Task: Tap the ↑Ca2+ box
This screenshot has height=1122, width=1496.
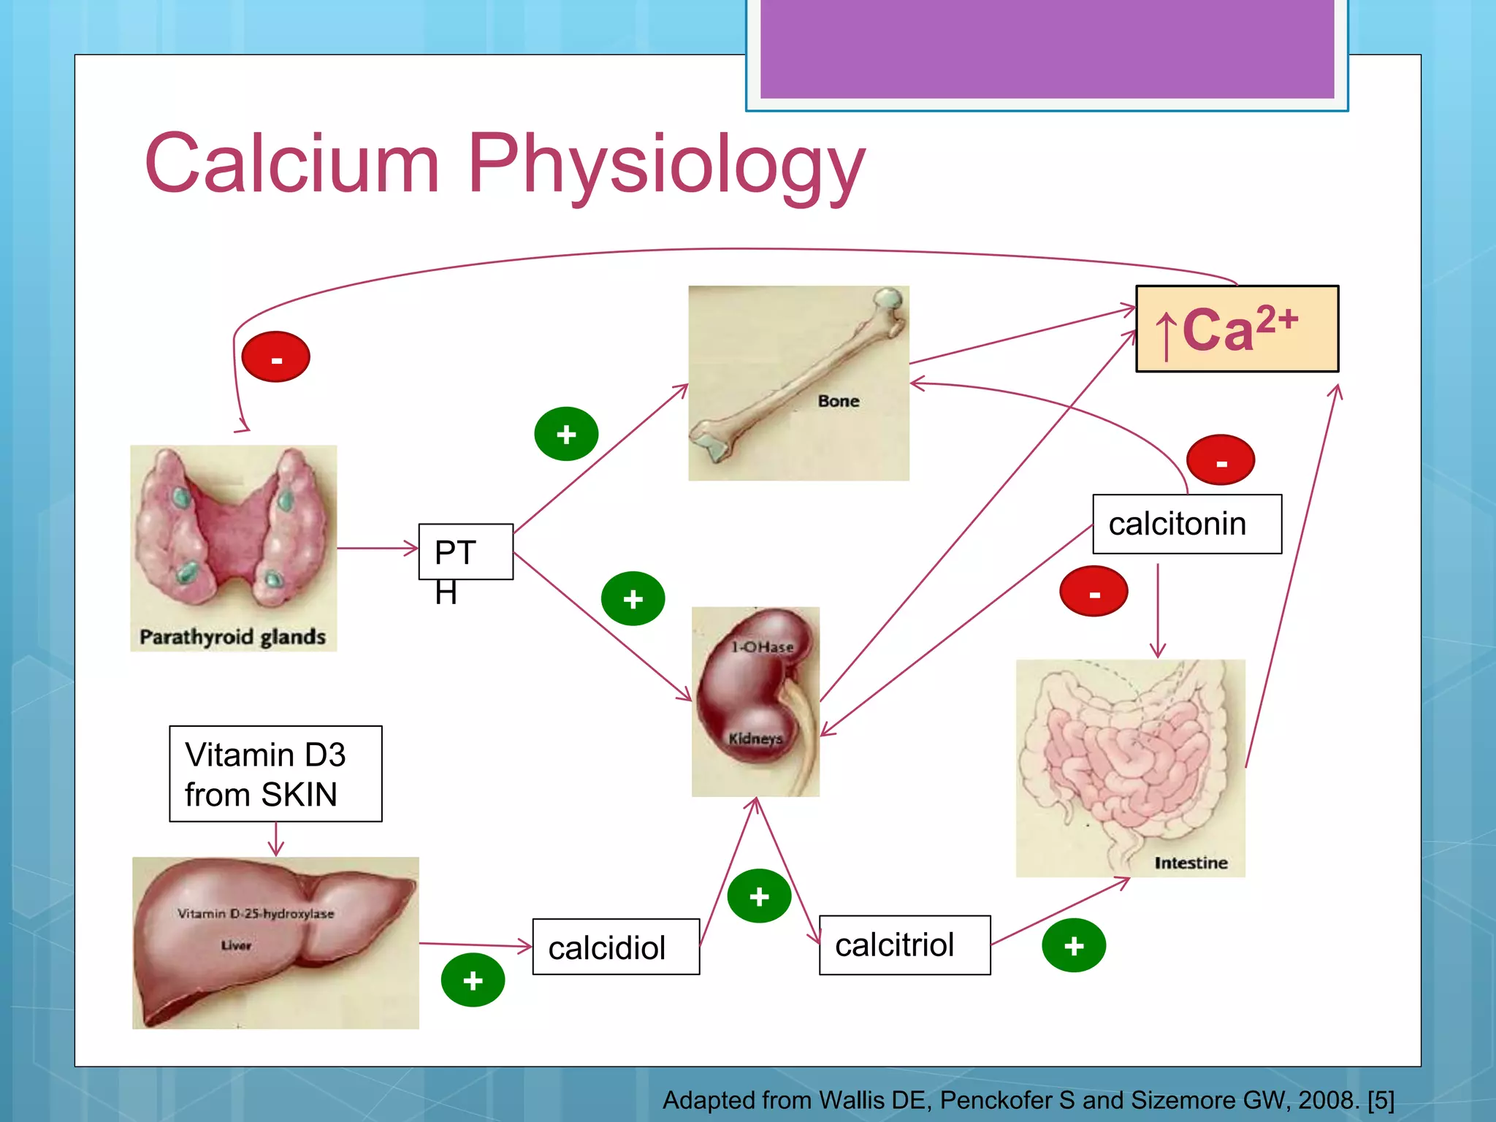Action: tap(1237, 329)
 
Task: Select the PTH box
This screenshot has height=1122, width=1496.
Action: tap(465, 552)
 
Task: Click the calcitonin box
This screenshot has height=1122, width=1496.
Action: tap(1186, 524)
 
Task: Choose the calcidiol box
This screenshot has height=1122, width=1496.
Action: tap(616, 947)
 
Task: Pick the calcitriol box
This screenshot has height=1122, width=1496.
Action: tap(904, 944)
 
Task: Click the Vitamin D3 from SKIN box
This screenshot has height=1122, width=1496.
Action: tap(275, 774)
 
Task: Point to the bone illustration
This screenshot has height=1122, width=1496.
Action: tap(798, 382)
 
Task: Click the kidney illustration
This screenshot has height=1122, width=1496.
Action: tap(755, 701)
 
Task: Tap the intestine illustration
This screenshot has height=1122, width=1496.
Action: tap(1130, 767)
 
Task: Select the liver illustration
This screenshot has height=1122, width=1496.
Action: tap(275, 942)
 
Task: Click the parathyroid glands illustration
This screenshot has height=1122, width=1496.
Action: tap(233, 541)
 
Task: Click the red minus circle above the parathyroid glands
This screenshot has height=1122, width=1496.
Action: tap(275, 357)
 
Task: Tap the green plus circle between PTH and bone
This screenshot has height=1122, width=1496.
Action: tap(566, 434)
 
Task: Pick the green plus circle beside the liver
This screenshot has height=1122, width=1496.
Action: tap(473, 980)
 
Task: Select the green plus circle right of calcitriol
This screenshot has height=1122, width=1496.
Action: tap(1073, 945)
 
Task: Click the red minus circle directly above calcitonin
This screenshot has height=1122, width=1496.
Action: tap(1220, 460)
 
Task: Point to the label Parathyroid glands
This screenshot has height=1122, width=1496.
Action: tap(232, 637)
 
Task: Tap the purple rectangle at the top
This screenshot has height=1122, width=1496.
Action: tap(1046, 48)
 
